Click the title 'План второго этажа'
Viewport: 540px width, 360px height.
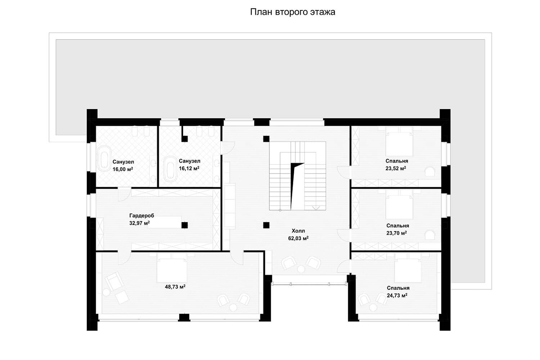point(292,12)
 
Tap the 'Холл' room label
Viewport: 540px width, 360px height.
point(298,231)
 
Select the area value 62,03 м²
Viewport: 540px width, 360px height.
point(298,238)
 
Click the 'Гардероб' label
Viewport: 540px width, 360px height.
point(141,216)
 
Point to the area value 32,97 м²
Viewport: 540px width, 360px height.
point(139,223)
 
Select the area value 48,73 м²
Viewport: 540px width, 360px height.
point(175,287)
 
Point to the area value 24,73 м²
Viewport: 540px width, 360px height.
point(397,295)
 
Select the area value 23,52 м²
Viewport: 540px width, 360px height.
point(396,168)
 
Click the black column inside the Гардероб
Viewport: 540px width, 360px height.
point(185,225)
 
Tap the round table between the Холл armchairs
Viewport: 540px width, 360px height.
point(301,269)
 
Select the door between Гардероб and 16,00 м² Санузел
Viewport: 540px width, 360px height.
point(124,194)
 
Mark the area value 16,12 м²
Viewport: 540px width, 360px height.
point(189,168)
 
